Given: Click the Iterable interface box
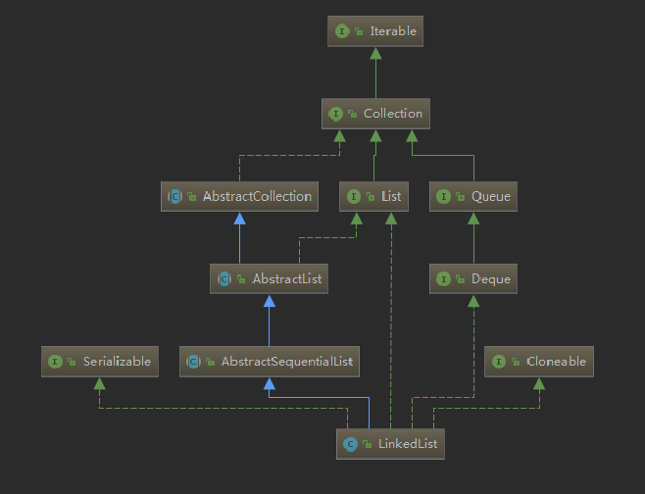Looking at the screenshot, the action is pos(375,31).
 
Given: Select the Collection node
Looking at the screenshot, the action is pos(375,114).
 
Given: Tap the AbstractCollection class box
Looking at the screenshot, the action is pos(239,197).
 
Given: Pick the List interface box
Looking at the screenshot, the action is pos(373,197).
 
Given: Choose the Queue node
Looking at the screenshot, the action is pos(473,197).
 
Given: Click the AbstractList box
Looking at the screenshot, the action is pos(269,279).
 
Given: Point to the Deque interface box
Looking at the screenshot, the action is pos(473,279).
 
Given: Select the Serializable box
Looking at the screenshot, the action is pos(100,362).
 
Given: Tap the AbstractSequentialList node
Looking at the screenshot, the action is pos(269,362).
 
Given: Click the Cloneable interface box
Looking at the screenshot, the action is pos(539,362).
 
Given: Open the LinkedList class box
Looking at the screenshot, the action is pos(390,444).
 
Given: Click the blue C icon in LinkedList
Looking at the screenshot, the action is pos(350,444).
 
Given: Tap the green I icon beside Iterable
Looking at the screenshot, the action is pos(342,31).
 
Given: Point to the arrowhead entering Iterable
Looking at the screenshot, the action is pos(375,54).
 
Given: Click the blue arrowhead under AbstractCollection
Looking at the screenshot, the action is pos(239,219).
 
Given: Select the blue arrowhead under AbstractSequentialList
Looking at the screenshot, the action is pos(269,384).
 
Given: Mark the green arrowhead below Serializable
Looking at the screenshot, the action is pos(100,384).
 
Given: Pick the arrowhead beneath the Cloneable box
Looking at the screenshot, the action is pos(539,384).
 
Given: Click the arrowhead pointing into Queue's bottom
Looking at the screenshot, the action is pos(473,219).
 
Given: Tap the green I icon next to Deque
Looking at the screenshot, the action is pos(443,279).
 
